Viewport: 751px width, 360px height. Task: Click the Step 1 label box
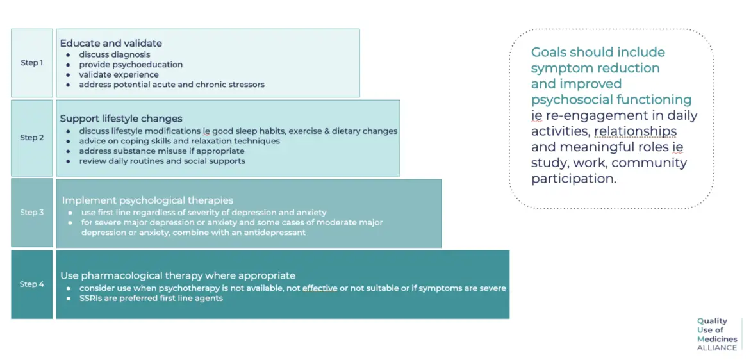click(x=31, y=63)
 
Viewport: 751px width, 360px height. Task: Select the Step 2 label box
click(x=31, y=138)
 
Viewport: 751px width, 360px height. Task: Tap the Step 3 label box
click(x=31, y=213)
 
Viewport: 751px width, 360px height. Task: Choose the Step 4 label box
click(x=31, y=284)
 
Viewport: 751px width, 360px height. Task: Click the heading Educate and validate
click(x=111, y=43)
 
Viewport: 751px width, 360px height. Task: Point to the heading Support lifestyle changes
click(x=121, y=118)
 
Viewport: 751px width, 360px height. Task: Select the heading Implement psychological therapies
click(x=147, y=200)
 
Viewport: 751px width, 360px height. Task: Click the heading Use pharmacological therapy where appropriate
click(x=177, y=275)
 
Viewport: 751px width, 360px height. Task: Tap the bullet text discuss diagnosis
click(x=115, y=54)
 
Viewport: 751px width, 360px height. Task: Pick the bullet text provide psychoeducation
click(x=131, y=65)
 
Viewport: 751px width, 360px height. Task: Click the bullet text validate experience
click(x=119, y=75)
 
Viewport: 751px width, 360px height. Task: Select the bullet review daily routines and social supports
click(x=162, y=161)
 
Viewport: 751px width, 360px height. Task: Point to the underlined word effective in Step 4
click(x=320, y=288)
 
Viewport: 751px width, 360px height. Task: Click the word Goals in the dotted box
click(x=549, y=52)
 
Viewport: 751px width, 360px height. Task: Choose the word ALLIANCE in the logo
click(x=718, y=348)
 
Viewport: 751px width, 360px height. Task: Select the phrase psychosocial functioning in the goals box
click(x=611, y=99)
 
